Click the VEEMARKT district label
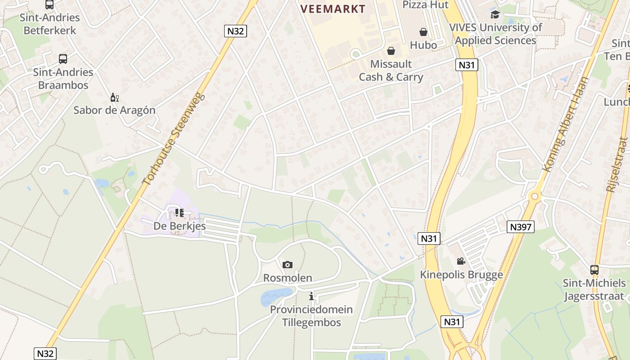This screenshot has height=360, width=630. pyautogui.click(x=333, y=9)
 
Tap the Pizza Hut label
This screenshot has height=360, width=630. pyautogui.click(x=425, y=4)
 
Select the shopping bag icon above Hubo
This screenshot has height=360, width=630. pyautogui.click(x=423, y=32)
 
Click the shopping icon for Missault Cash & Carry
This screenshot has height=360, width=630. pyautogui.click(x=391, y=50)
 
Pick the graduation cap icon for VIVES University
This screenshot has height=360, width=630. pyautogui.click(x=495, y=14)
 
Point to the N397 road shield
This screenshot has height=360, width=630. pyautogui.click(x=521, y=227)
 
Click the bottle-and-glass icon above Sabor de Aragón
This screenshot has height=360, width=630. pyautogui.click(x=114, y=97)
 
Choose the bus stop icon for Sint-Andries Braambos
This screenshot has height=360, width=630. pyautogui.click(x=63, y=59)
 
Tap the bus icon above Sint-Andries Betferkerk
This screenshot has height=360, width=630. pyautogui.click(x=49, y=5)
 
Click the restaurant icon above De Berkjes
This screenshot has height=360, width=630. pyautogui.click(x=180, y=213)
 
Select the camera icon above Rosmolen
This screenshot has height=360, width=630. pyautogui.click(x=288, y=265)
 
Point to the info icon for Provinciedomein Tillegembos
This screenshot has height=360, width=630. pyautogui.click(x=311, y=296)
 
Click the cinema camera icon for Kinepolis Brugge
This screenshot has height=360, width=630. pyautogui.click(x=461, y=261)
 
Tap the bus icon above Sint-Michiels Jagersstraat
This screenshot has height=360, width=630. pyautogui.click(x=594, y=270)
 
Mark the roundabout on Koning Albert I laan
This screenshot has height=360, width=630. pyautogui.click(x=535, y=196)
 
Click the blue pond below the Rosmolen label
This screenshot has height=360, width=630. pyautogui.click(x=275, y=296)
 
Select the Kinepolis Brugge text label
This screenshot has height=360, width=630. pyautogui.click(x=461, y=274)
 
